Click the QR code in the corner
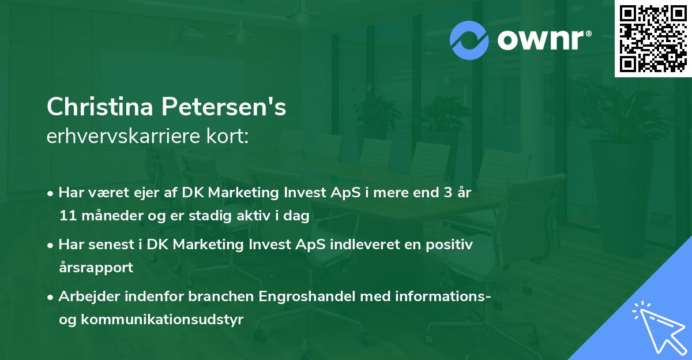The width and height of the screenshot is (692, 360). [x=653, y=38]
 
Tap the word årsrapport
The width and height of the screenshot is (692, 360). [x=96, y=268]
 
